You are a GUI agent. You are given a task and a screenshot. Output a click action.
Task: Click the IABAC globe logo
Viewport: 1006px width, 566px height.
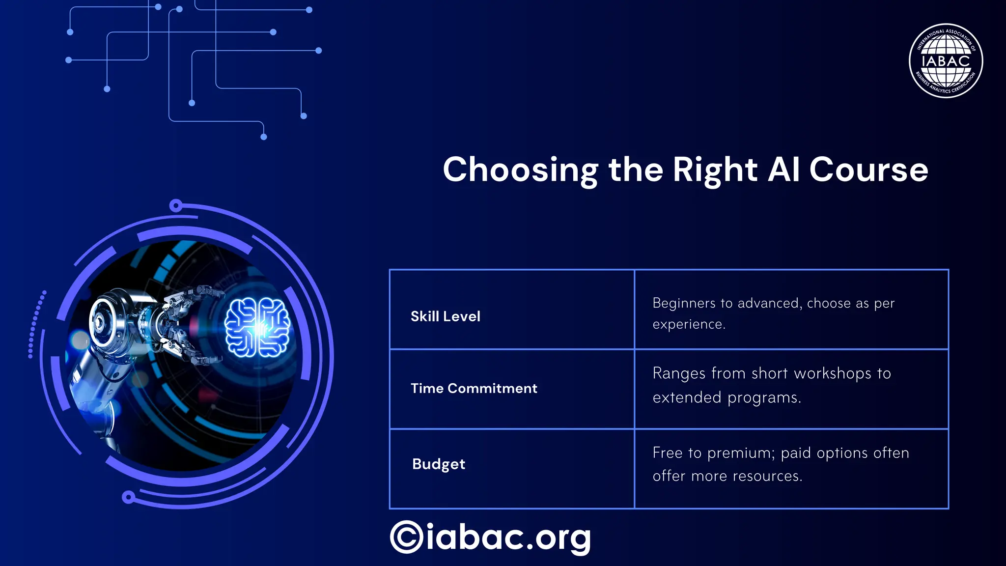pyautogui.click(x=946, y=61)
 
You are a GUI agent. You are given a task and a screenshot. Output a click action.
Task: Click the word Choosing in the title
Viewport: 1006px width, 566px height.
pyautogui.click(x=520, y=170)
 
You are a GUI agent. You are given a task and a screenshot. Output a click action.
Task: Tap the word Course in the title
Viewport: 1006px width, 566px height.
pyautogui.click(x=868, y=170)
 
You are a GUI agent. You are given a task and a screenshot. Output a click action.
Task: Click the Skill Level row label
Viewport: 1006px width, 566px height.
pyautogui.click(x=445, y=316)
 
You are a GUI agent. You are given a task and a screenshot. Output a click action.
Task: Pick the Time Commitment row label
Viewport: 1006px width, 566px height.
pyautogui.click(x=474, y=388)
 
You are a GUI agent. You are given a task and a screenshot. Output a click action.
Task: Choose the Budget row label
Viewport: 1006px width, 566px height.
pyautogui.click(x=438, y=464)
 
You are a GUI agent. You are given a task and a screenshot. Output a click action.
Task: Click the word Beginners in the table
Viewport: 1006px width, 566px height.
pyautogui.click(x=684, y=303)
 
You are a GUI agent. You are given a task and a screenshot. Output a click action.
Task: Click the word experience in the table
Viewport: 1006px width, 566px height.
pyautogui.click(x=688, y=324)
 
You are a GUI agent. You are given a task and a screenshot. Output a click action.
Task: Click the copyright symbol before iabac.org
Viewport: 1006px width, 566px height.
pyautogui.click(x=406, y=537)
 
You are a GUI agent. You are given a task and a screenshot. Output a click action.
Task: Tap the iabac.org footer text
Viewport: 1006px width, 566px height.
pyautogui.click(x=508, y=537)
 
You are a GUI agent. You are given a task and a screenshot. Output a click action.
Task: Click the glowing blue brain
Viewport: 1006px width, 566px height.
pyautogui.click(x=257, y=327)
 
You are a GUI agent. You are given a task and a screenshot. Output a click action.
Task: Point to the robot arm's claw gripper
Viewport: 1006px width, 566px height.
pyautogui.click(x=189, y=324)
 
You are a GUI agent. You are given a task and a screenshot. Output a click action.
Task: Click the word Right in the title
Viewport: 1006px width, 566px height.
pyautogui.click(x=715, y=170)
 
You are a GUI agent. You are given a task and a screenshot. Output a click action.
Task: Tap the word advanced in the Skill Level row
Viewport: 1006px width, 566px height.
pyautogui.click(x=769, y=303)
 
